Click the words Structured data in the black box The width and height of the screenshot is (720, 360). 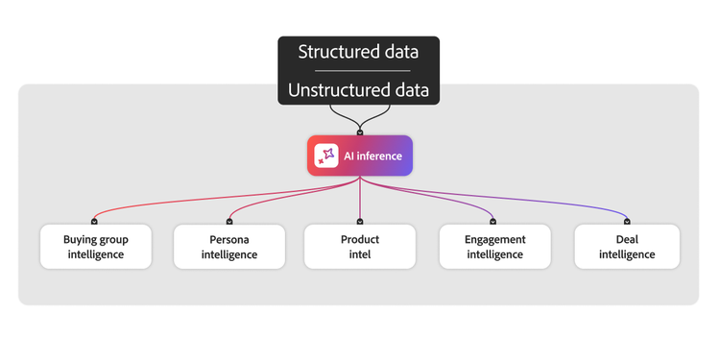coord(359,52)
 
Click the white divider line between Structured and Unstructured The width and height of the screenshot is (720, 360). coord(359,71)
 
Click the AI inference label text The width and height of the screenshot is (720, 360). coord(372,156)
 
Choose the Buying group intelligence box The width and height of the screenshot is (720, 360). coord(95,247)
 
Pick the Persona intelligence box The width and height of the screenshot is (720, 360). coord(228,247)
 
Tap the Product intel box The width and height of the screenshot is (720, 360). coord(360,247)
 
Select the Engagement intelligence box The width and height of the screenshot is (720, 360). coord(494,247)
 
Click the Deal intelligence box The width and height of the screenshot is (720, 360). coord(627,247)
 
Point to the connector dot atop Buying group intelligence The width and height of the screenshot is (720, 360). coord(94,222)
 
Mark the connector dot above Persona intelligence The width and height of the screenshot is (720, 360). coord(228,222)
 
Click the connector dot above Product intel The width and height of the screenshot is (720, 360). coord(360,222)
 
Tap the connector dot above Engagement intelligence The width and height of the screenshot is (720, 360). coord(494,222)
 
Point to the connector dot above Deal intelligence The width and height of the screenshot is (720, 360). coord(627,222)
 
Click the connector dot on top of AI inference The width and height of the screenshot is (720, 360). coord(360,132)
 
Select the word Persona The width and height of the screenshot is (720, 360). coord(228,239)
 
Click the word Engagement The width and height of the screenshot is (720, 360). coord(494,239)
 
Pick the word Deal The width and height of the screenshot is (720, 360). coord(627,239)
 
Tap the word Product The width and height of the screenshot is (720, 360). coord(360,239)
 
